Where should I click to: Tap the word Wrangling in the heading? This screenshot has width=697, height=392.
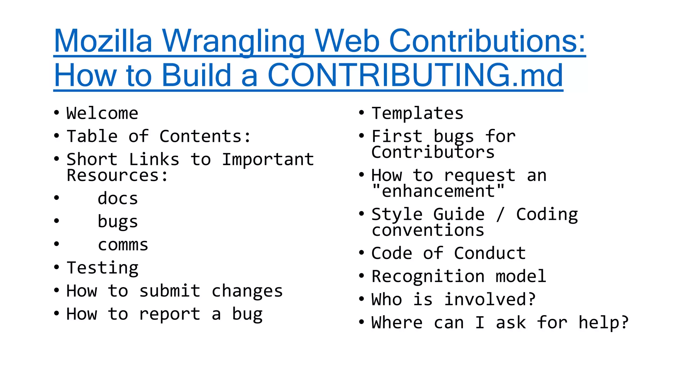pos(233,42)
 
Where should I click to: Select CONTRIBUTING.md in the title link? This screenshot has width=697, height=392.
pos(415,75)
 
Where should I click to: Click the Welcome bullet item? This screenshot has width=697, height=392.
pos(102,113)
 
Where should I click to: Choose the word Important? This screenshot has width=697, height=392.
pos(268,160)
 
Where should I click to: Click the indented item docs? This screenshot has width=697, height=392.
pos(118,199)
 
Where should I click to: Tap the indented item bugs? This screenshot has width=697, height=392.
pos(118,222)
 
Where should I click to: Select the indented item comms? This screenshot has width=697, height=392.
pos(123,245)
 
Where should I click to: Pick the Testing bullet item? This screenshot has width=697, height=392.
pos(102,268)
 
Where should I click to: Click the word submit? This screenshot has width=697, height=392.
pos(170,291)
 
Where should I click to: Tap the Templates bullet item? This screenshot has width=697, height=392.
pos(418,113)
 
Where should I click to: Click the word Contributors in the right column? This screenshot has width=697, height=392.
pos(433,152)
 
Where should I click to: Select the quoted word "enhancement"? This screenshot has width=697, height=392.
pos(438,191)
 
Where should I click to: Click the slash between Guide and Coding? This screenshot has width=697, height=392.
pos(500,214)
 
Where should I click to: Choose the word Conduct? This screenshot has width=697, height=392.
pos(490,254)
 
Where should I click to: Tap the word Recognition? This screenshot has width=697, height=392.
pos(428,276)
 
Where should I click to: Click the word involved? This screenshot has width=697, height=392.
pos(490,300)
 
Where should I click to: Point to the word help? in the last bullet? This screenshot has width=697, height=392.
pos(603,323)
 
